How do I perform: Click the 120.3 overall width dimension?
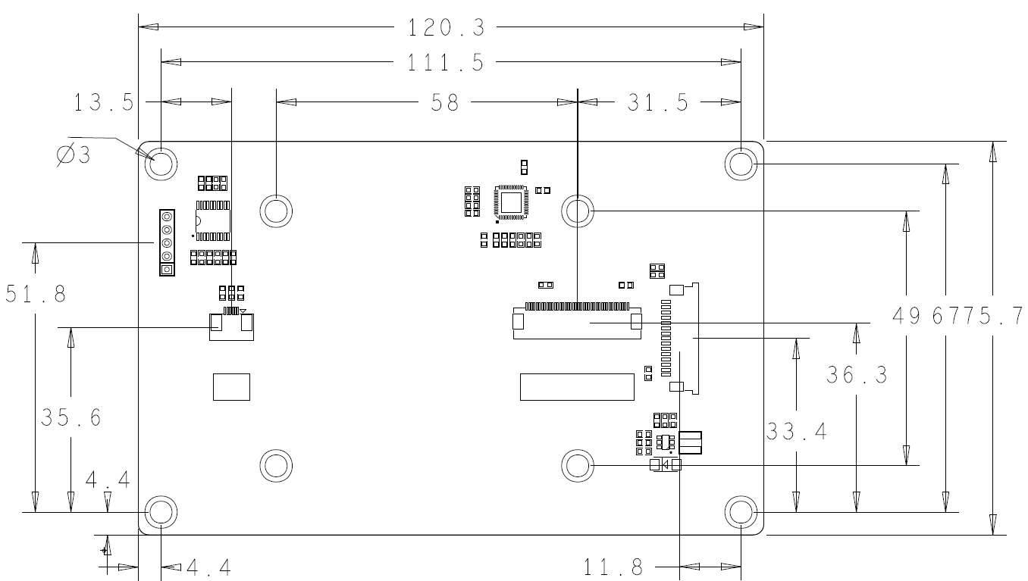446,28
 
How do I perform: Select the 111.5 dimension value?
446,62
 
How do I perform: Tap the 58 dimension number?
445,102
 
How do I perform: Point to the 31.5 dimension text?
658,102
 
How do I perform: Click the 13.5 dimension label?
105,102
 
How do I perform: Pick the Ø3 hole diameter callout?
74,155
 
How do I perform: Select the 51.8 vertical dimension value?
35,293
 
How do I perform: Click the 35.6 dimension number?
71,417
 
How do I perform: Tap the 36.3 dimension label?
857,374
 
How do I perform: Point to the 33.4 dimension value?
796,433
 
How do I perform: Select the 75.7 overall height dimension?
994,314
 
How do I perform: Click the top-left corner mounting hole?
161,163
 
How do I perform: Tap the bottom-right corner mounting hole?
740,512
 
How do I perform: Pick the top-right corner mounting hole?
740,163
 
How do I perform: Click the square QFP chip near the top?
512,201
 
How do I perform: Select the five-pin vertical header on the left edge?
167,243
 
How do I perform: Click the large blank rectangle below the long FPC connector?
577,386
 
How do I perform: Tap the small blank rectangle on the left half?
231,386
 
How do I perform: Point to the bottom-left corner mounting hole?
161,512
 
